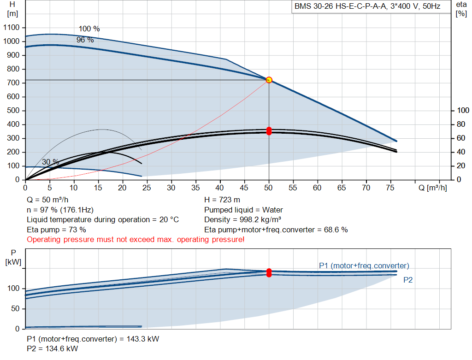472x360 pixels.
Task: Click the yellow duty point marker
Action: coord(269,80)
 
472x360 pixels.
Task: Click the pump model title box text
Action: coord(367,6)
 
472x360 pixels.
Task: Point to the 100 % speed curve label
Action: coord(89,29)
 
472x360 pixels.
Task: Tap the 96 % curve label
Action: coord(85,40)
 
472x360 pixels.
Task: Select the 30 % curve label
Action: coord(51,162)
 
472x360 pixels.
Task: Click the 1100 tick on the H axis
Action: coord(12,27)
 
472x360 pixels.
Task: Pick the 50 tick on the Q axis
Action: coord(268,188)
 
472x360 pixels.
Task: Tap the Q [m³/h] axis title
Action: coord(432,188)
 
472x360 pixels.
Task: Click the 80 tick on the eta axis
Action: coord(461,124)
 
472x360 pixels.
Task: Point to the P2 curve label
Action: coord(408,280)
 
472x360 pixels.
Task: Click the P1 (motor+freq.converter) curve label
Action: coord(364,266)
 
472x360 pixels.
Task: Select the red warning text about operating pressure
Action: coord(136,240)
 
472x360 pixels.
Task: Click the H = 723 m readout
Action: coord(222,200)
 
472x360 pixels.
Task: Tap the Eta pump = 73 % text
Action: coord(56,230)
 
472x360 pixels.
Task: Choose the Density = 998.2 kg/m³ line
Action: coord(242,220)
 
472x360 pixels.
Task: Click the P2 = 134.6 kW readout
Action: coord(53,348)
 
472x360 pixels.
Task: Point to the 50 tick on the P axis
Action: coord(15,308)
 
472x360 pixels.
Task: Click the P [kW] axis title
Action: coord(13,257)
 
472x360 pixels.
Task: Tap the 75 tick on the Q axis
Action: coord(390,188)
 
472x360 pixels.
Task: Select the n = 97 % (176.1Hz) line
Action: coord(60,210)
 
